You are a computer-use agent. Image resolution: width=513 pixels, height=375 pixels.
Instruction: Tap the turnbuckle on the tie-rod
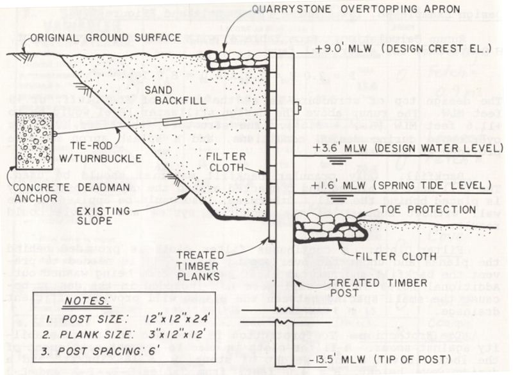[171, 121]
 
